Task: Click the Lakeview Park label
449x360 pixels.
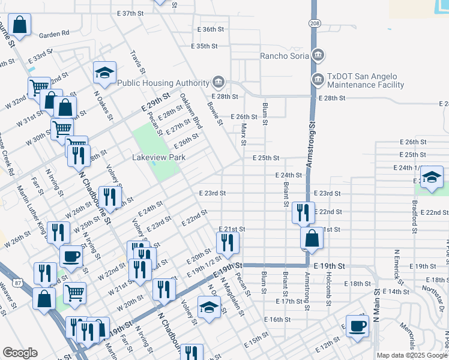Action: tap(158, 157)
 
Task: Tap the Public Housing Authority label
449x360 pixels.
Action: tap(163, 83)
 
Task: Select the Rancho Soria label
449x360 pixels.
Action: tap(284, 56)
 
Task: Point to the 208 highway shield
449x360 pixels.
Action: tap(314, 23)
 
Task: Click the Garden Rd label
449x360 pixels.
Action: tap(55, 34)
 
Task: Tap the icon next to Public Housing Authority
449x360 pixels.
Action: tap(217, 82)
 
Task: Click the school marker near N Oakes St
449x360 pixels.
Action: tap(104, 73)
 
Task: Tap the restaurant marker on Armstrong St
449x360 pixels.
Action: tap(303, 212)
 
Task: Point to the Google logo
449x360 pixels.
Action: tap(20, 353)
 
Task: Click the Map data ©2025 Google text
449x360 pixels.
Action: tap(411, 355)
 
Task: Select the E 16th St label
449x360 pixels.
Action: tap(279, 320)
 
